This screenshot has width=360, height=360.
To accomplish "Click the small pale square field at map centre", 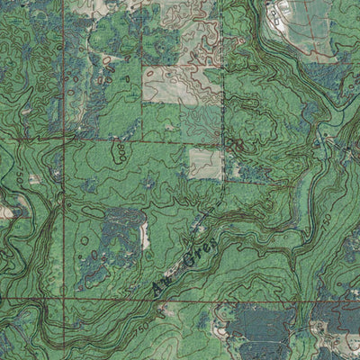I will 204,162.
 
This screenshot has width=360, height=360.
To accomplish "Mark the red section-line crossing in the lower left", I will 63,297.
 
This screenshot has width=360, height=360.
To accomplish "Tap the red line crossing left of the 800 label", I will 63,143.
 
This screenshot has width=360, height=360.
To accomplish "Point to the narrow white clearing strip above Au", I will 145,236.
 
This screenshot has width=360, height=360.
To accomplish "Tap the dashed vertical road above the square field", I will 221,108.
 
